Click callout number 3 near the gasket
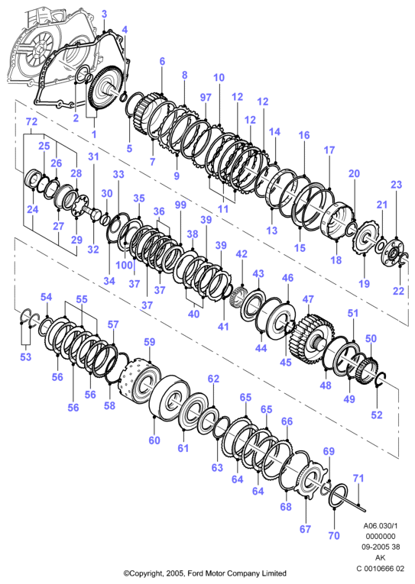(x=105, y=15)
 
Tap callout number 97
(x=206, y=97)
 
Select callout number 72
(x=31, y=121)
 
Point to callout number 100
(x=124, y=266)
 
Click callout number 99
(x=180, y=205)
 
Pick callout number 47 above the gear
(x=308, y=299)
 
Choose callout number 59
(x=150, y=342)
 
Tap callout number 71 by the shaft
(x=358, y=478)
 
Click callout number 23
(x=397, y=185)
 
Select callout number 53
(x=26, y=357)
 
